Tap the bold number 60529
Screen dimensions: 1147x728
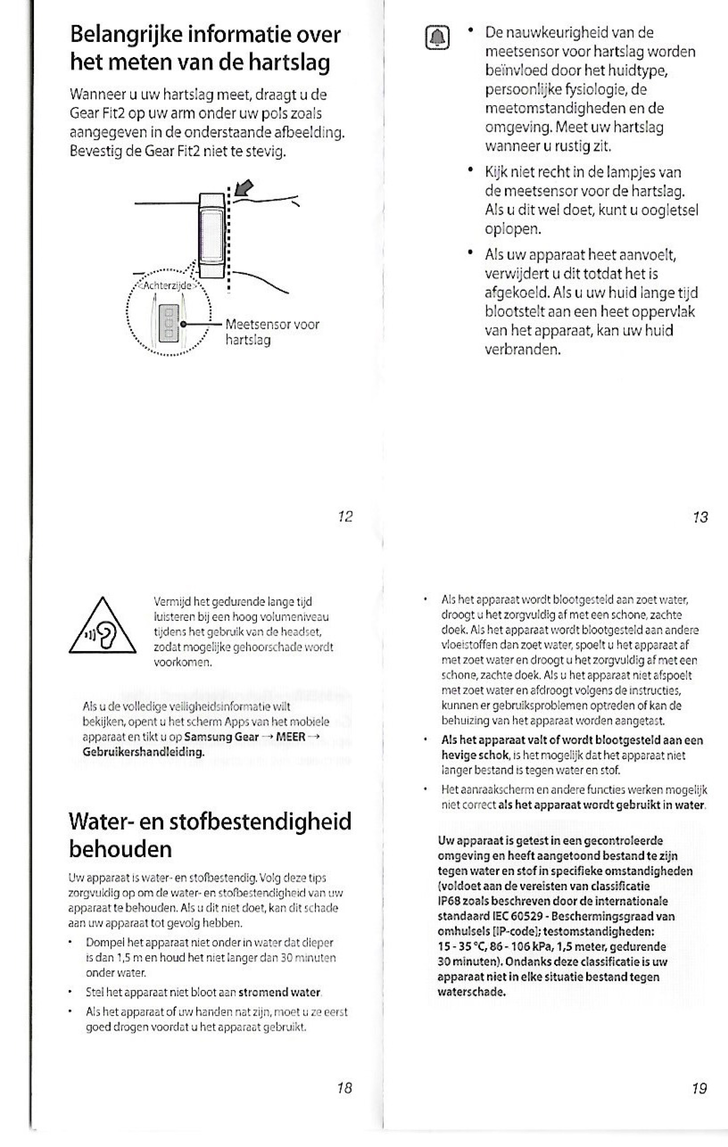click(x=524, y=916)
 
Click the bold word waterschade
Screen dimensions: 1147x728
click(x=471, y=992)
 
